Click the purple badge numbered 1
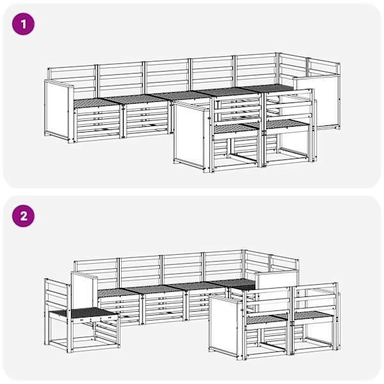click(23, 24)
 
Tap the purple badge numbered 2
click(23, 216)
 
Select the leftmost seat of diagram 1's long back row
click(96, 102)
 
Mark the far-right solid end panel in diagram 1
click(317, 102)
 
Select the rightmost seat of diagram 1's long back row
click(269, 88)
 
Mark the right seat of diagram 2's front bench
click(314, 316)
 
